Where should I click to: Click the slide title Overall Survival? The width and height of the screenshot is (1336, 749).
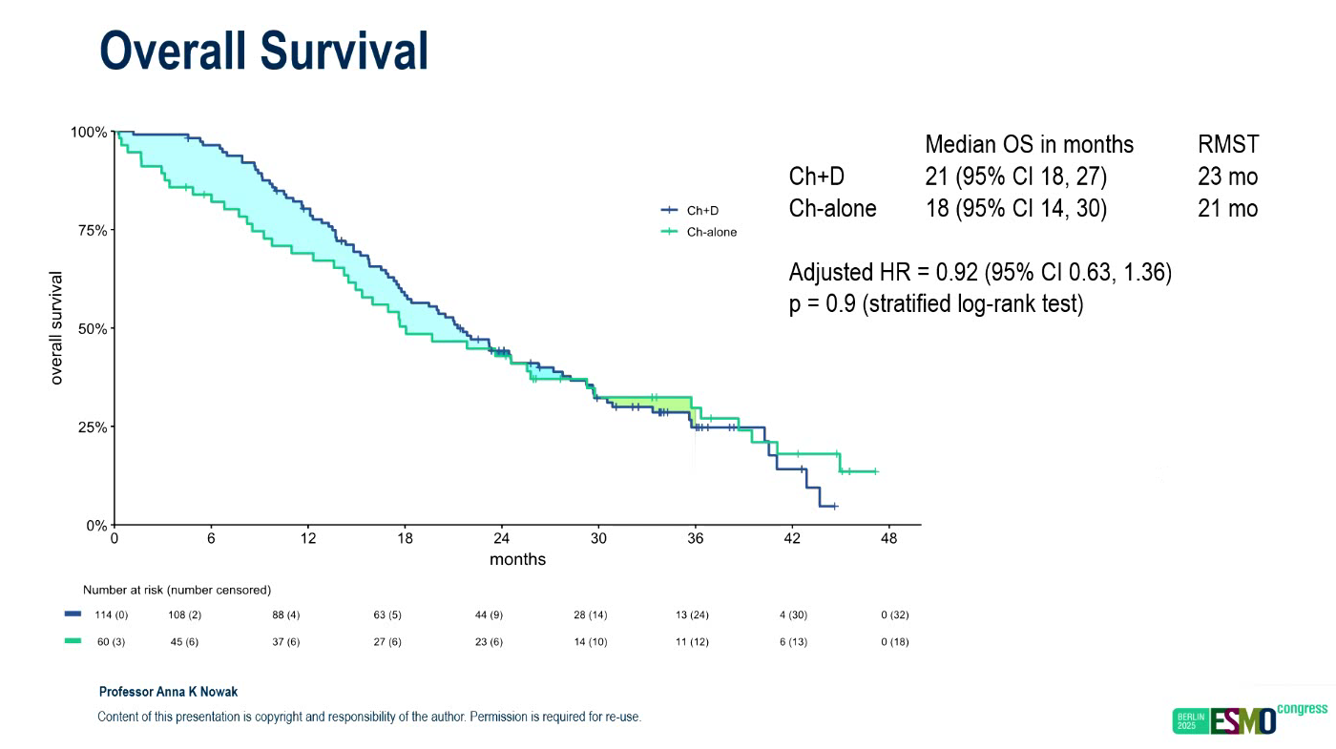tap(263, 51)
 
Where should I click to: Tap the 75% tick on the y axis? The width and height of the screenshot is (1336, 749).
tap(90, 230)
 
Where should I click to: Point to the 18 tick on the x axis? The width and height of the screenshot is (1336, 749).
tap(406, 538)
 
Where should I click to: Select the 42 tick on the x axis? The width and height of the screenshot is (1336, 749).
tap(792, 538)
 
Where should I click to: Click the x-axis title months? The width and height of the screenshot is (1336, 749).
tap(517, 559)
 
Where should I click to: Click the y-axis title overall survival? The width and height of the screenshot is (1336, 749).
tap(57, 328)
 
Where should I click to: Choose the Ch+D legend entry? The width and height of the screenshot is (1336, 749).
tap(702, 211)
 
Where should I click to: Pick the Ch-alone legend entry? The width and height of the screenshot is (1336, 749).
tap(711, 232)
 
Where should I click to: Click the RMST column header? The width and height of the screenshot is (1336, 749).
tap(1227, 145)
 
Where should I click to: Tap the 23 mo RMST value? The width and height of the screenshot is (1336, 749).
tap(1227, 177)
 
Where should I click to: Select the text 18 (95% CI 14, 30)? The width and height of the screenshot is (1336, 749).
tap(1015, 208)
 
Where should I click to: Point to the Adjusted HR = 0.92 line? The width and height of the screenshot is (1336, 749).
tap(980, 273)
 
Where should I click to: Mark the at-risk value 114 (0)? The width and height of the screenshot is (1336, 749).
tap(112, 615)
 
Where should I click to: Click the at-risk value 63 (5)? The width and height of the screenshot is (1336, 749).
tap(387, 615)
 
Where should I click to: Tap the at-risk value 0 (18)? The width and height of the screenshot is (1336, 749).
tap(894, 642)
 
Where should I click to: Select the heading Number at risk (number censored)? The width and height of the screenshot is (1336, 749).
tap(177, 590)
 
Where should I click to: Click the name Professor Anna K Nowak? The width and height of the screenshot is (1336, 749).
tap(168, 692)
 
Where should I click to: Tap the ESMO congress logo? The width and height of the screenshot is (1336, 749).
tap(1249, 719)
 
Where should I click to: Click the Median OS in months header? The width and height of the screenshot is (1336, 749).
tap(1029, 145)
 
